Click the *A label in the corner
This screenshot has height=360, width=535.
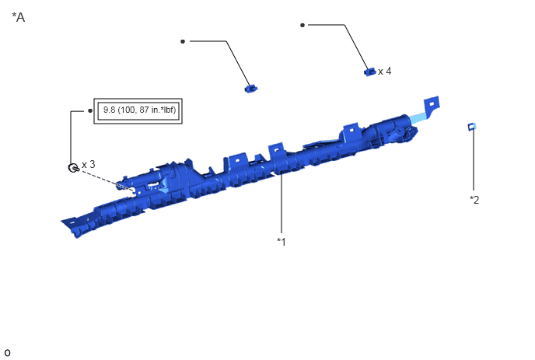pyautogui.click(x=19, y=17)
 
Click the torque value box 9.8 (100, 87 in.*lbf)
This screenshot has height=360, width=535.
pyautogui.click(x=138, y=111)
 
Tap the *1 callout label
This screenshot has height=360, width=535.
pyautogui.click(x=281, y=242)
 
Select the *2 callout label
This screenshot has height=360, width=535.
pyautogui.click(x=474, y=200)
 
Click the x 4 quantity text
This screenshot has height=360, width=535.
pyautogui.click(x=384, y=72)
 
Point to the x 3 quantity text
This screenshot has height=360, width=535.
pyautogui.click(x=89, y=165)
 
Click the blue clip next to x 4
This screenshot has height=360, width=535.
pyautogui.click(x=369, y=72)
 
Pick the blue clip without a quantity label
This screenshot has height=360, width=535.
pyautogui.click(x=250, y=89)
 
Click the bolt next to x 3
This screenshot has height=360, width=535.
pyautogui.click(x=73, y=168)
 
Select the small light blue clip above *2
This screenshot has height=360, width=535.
pyautogui.click(x=471, y=127)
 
